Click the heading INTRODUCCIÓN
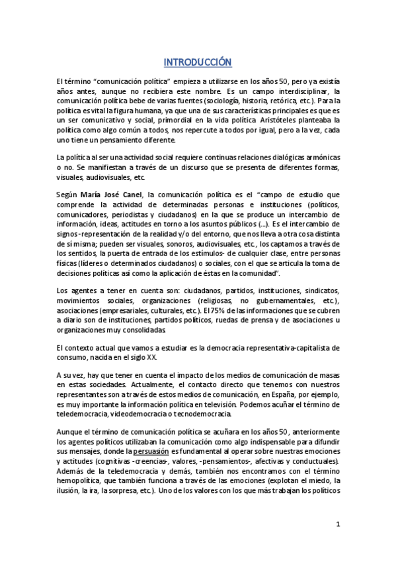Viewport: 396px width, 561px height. click(198, 63)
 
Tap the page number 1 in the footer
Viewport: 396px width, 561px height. click(337, 525)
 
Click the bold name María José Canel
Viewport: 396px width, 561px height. click(112, 194)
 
